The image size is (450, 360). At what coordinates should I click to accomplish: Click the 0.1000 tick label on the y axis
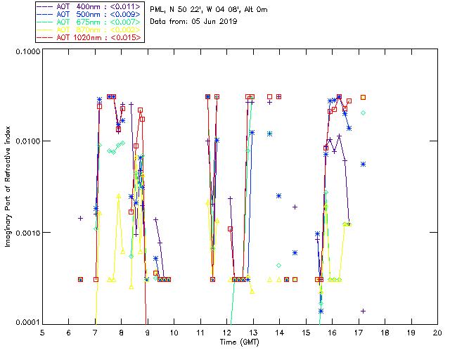click(x=26, y=53)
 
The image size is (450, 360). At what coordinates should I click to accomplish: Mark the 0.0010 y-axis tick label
click(x=26, y=233)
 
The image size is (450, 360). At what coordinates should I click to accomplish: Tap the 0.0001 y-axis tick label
click(x=26, y=323)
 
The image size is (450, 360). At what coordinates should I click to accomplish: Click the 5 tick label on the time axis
click(x=42, y=332)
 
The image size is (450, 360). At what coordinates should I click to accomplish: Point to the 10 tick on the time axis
click(x=174, y=332)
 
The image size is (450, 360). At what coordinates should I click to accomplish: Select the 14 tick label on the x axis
click(x=279, y=332)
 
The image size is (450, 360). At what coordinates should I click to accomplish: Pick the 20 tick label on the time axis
click(x=437, y=332)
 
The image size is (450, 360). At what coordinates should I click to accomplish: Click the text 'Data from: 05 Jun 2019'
click(x=193, y=21)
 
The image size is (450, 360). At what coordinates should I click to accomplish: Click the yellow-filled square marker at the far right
click(x=364, y=97)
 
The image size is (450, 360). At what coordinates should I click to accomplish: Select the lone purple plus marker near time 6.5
click(x=80, y=218)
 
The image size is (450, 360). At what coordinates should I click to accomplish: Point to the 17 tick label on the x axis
click(x=359, y=332)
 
